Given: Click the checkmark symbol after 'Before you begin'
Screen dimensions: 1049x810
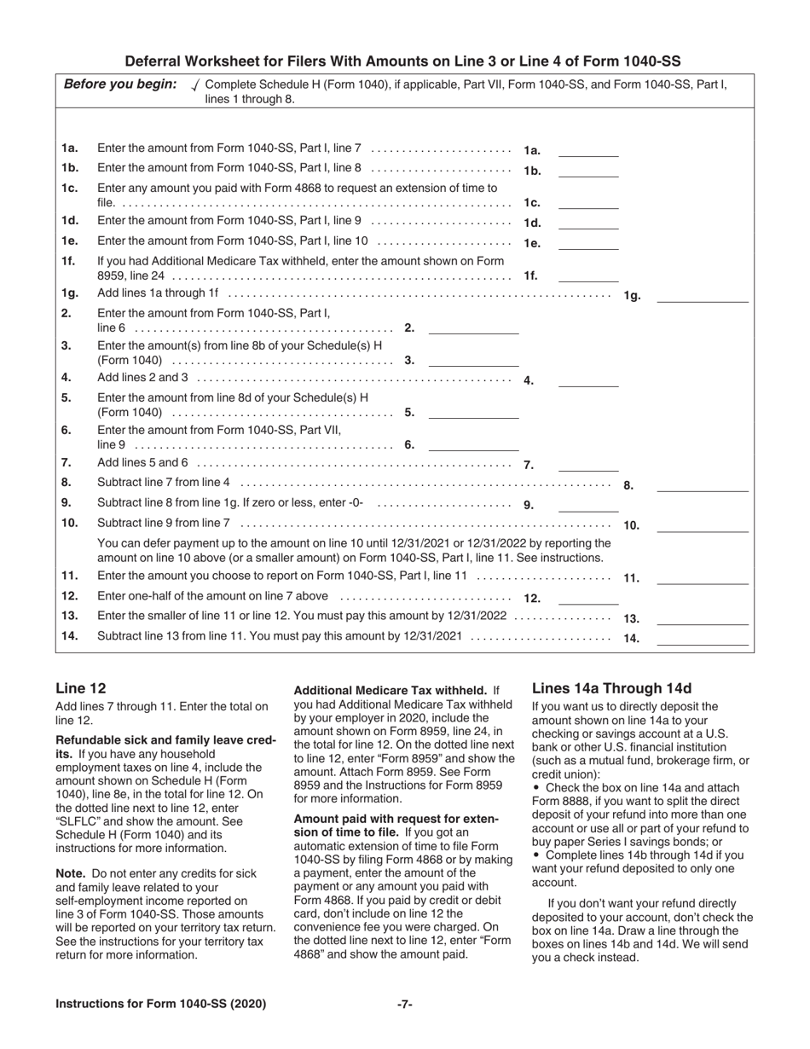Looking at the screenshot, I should pyautogui.click(x=197, y=84).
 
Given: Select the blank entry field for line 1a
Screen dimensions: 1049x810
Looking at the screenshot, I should pyautogui.click(x=587, y=150).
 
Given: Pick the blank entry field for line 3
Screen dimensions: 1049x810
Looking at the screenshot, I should pyautogui.click(x=473, y=360).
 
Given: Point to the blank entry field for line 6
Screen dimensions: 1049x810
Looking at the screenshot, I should pyautogui.click(x=473, y=443).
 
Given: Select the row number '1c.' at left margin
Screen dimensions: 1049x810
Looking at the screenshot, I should pyautogui.click(x=70, y=188).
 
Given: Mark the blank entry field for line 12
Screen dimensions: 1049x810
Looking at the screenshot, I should pyautogui.click(x=587, y=598).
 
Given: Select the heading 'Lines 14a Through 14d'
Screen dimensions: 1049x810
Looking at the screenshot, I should pyautogui.click(x=611, y=688).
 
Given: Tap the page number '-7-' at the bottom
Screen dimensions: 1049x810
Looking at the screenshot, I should pyautogui.click(x=405, y=1005).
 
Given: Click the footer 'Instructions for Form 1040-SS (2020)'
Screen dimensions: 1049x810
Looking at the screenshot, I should pyautogui.click(x=160, y=1005).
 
